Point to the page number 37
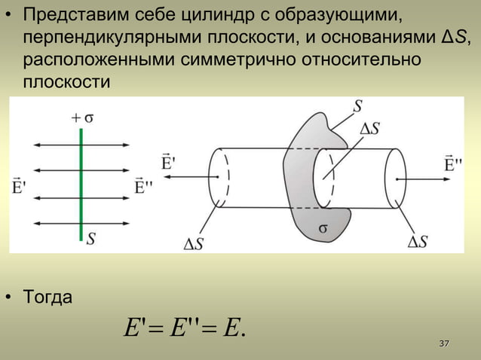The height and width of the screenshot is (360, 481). [445, 344]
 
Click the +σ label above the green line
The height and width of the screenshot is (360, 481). [82, 117]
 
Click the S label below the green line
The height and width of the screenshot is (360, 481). [90, 239]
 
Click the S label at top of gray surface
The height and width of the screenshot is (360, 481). [358, 106]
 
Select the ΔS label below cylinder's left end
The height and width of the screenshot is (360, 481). [198, 243]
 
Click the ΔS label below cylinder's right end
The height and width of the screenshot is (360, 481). [417, 241]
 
